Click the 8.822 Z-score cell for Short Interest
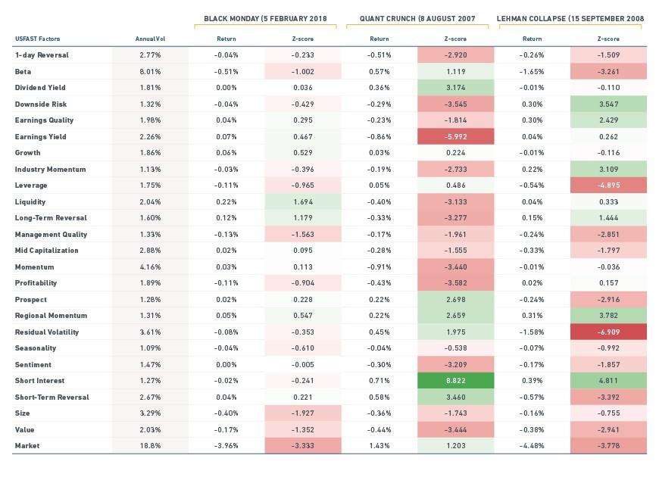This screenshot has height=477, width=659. click(455, 381)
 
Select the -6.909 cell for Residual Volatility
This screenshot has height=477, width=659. click(608, 332)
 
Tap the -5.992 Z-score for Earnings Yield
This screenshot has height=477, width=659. click(455, 136)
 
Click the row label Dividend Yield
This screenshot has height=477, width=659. click(40, 88)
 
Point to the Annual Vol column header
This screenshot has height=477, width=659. click(150, 39)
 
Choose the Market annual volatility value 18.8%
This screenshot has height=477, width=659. click(150, 446)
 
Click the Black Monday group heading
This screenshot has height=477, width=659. click(265, 18)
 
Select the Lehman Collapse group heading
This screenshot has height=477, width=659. click(570, 18)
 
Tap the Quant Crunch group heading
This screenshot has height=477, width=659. click(417, 18)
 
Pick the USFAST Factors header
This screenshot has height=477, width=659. click(37, 39)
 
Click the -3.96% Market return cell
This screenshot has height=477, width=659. click(226, 446)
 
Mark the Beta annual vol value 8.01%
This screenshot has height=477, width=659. click(150, 71)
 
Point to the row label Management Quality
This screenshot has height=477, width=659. click(51, 235)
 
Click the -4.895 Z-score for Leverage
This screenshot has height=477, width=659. click(608, 185)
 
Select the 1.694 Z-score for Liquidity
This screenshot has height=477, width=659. click(302, 201)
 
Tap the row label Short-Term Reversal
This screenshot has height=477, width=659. click(52, 397)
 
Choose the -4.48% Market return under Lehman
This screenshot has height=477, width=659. click(532, 446)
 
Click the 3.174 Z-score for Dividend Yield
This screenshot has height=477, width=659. click(455, 88)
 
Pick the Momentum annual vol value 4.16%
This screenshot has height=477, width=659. click(150, 267)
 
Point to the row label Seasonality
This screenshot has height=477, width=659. click(36, 348)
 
